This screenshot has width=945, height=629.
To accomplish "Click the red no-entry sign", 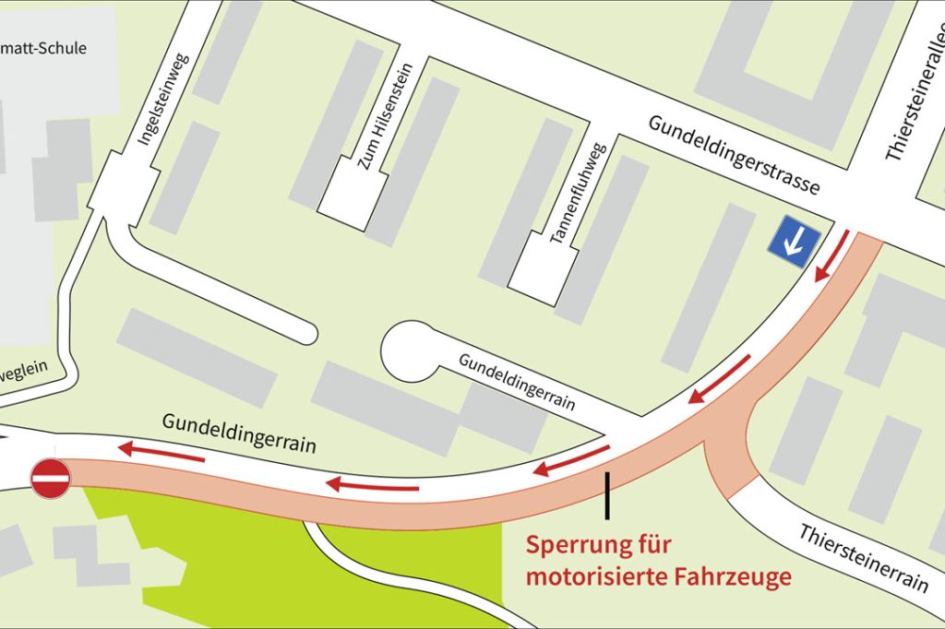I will tap(51, 480).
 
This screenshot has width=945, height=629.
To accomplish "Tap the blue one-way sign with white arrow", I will tap(795, 242).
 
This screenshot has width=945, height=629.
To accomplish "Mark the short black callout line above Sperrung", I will tap(607, 494).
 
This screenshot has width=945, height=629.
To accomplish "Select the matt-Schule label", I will tap(42, 48).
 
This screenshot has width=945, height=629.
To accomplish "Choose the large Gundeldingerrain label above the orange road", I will tap(239, 432).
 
